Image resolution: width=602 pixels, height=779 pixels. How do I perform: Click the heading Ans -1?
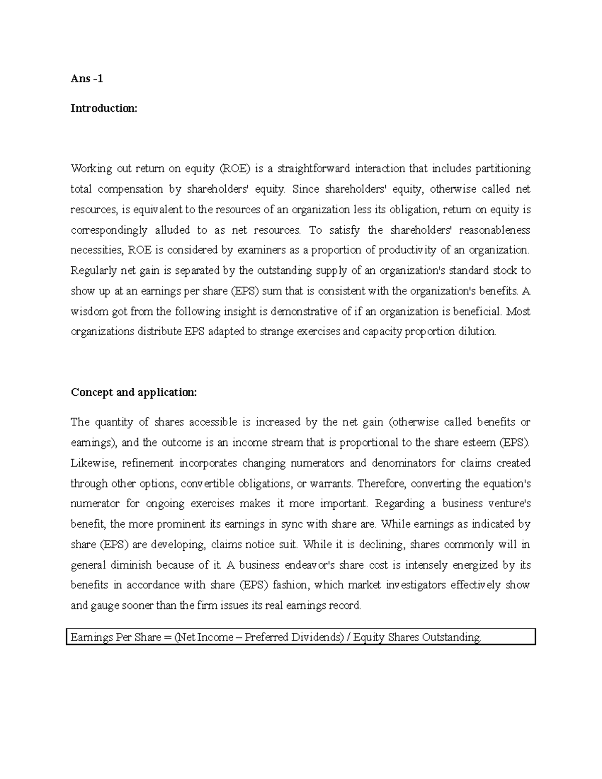tap(87, 79)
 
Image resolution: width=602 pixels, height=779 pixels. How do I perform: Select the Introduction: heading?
tap(103, 108)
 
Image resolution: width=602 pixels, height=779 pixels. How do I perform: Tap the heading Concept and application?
tap(134, 392)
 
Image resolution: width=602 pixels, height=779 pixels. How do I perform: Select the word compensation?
tap(130, 189)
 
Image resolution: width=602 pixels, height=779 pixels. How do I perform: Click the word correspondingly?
tap(109, 230)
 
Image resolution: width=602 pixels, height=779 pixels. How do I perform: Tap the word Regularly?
tap(93, 271)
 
